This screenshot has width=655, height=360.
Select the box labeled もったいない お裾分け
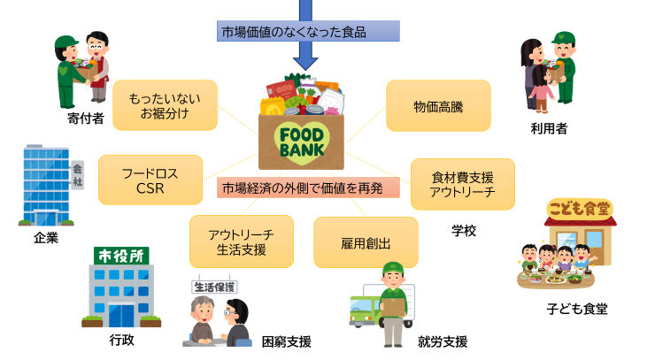coord(165,105)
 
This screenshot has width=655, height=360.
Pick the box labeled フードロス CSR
coord(150,180)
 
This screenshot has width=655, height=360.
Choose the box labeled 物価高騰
coord(438,105)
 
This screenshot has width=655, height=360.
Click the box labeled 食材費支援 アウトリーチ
coord(462,184)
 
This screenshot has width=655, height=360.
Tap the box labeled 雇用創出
coord(366,241)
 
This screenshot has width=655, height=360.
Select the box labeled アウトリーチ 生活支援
coord(241,241)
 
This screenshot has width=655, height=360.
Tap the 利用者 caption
coord(549,129)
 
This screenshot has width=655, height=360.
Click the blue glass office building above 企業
coord(48,186)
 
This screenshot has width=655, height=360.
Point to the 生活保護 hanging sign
coord(215,287)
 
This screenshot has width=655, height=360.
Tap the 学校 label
coord(464,231)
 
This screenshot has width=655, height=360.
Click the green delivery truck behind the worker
coord(366,310)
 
